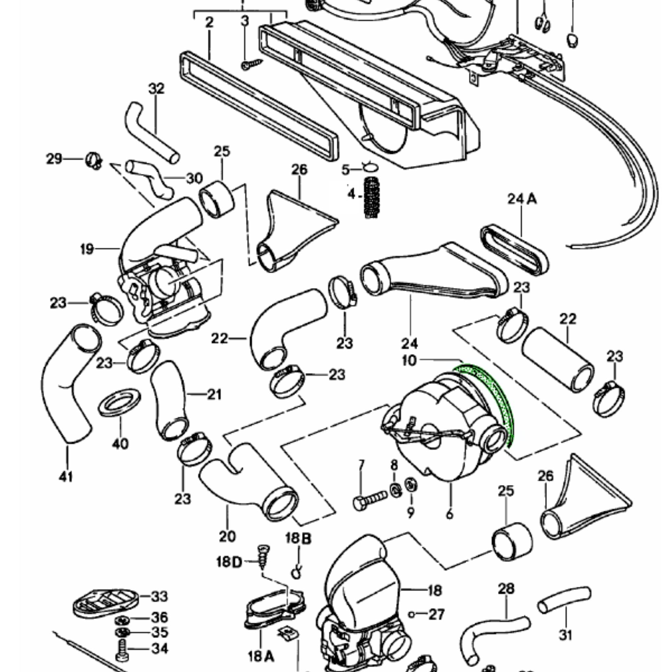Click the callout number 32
tap(156, 89)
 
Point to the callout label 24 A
tap(522, 199)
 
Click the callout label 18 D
tap(229, 561)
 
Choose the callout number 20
tap(227, 536)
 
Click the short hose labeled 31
tap(564, 598)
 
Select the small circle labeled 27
tap(411, 615)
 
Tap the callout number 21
tap(214, 394)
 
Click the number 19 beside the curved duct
tap(87, 249)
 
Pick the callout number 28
tap(506, 589)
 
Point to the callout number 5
tap(346, 170)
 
